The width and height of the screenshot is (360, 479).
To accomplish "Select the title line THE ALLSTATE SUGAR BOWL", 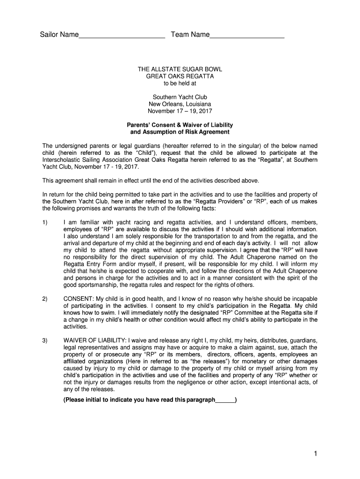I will [180, 69].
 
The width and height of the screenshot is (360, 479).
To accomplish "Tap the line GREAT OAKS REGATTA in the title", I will [180, 76].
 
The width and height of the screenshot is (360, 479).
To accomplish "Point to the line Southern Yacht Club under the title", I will [180, 97].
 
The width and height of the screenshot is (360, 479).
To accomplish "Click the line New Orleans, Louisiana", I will [180, 104].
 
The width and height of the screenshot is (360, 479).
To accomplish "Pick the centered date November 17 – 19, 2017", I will [180, 111].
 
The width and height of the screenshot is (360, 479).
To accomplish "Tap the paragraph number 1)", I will [45, 222].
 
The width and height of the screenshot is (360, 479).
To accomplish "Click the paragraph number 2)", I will [45, 299].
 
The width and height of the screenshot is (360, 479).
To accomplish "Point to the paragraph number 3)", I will [45, 341].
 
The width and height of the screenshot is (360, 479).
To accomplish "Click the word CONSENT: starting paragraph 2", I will [78, 299].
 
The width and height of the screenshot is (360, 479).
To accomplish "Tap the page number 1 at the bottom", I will [316, 453].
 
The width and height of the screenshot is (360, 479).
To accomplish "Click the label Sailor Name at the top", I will [59, 35].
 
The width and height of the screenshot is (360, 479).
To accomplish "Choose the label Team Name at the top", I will [190, 35].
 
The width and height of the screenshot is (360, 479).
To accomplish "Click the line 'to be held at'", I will [180, 83].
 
